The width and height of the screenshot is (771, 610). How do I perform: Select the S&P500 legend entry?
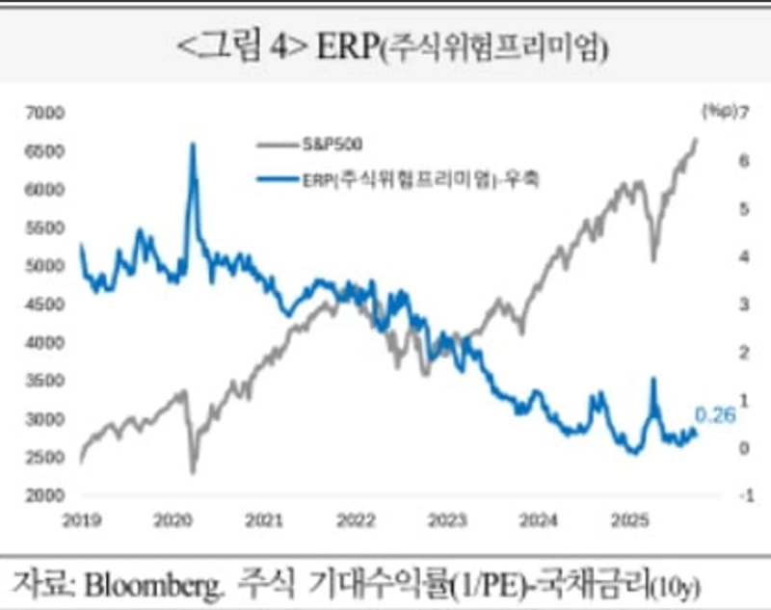[x=330, y=145]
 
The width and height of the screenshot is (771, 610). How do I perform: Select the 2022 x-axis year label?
[x=355, y=521]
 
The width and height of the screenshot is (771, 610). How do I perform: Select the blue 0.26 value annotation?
[x=715, y=416]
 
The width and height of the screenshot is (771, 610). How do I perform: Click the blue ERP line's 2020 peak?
[x=192, y=145]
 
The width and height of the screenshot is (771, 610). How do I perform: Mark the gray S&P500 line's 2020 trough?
[x=192, y=472]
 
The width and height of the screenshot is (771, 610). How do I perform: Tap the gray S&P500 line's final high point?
[x=696, y=140]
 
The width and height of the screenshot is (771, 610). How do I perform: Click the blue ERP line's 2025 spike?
[x=652, y=380]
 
